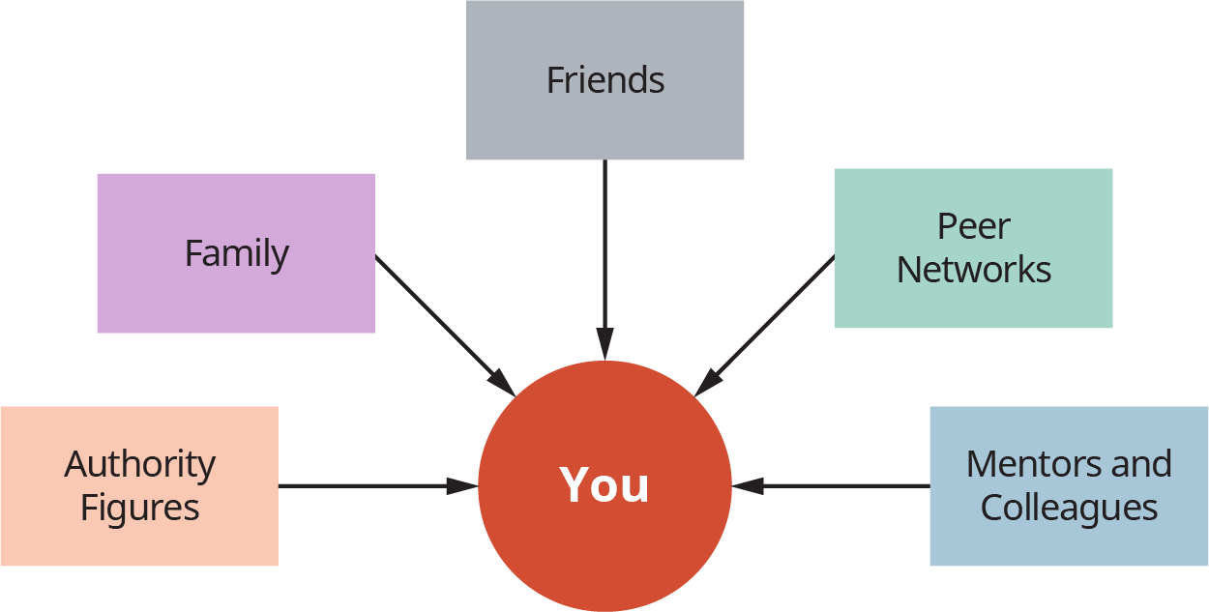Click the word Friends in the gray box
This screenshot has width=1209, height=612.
(605, 79)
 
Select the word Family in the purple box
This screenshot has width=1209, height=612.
(236, 253)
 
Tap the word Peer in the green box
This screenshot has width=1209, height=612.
(973, 226)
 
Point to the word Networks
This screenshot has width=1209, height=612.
(973, 269)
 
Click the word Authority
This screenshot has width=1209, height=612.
(139, 465)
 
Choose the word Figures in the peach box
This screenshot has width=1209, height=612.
(139, 508)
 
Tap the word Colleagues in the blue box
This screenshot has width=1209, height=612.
(1069, 508)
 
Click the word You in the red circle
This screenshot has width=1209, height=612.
(604, 484)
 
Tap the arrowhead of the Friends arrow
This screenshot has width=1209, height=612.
(604, 344)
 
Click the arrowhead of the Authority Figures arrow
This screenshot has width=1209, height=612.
(462, 485)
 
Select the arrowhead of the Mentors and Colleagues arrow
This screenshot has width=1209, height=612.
(748, 485)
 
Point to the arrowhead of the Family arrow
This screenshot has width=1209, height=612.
(502, 382)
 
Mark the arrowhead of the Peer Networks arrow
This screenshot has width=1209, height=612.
(707, 382)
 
